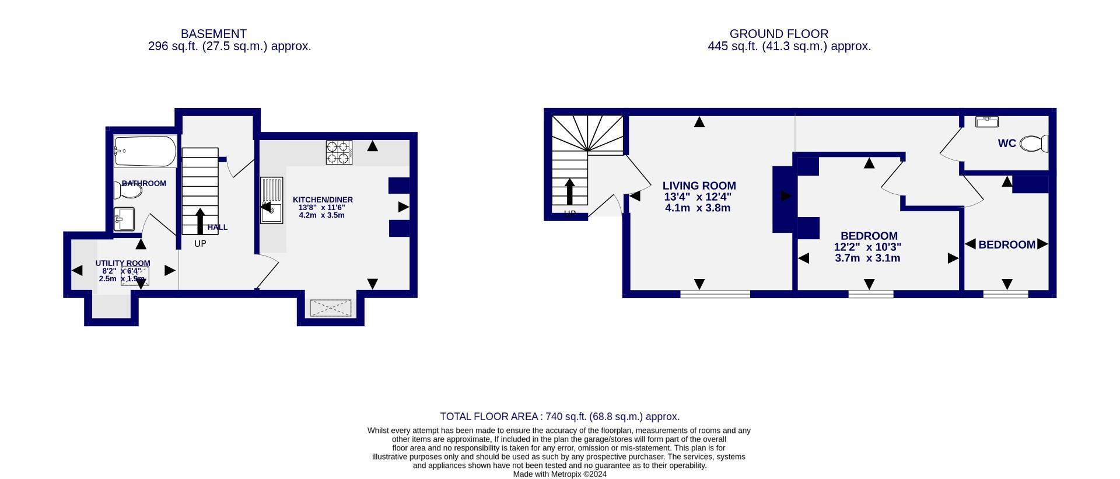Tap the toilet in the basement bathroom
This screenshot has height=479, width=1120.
[128, 191]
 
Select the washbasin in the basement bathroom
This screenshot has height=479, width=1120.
[124, 219]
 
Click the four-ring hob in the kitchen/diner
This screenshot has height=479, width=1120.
[339, 152]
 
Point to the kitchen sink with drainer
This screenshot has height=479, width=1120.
[272, 200]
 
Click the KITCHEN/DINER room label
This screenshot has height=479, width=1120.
[323, 200]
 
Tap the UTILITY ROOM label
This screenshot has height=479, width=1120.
[123, 263]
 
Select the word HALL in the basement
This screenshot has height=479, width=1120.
[218, 228]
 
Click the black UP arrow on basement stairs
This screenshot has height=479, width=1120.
[200, 221]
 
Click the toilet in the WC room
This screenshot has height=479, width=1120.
[1034, 144]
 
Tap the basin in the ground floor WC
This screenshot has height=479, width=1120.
[987, 121]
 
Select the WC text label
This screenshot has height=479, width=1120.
[1007, 144]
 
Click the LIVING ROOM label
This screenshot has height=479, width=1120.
[699, 186]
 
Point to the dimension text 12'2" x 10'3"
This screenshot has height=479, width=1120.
[867, 247]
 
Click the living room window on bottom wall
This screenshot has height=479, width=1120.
[715, 294]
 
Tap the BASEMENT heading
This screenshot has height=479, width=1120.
[213, 34]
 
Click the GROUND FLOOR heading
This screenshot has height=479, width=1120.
[779, 34]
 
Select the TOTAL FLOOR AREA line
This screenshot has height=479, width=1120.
[559, 417]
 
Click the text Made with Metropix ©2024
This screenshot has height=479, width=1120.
[559, 474]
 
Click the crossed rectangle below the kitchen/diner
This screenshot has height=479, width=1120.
[330, 308]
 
